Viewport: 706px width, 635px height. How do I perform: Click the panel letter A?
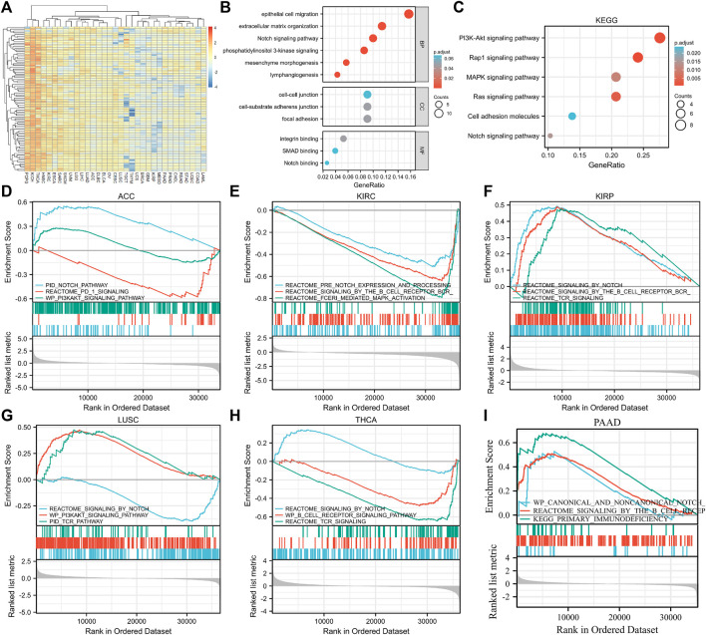(8, 9)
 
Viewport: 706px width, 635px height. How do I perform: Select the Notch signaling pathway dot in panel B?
(373, 38)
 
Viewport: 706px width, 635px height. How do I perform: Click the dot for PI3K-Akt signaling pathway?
(659, 38)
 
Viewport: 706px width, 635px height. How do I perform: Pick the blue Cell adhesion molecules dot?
(572, 117)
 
